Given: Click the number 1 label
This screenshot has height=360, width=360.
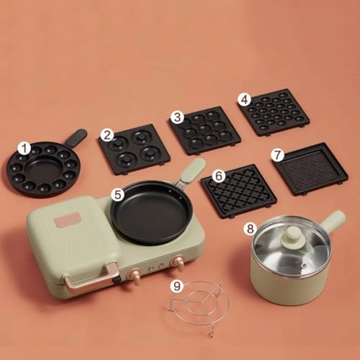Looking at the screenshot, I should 25,148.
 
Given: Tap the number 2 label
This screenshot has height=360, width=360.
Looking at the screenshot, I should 107,134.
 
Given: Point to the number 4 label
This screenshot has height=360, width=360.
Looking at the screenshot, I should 246,99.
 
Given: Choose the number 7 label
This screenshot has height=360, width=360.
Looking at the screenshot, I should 276,154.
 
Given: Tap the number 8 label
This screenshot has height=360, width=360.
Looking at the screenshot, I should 250,229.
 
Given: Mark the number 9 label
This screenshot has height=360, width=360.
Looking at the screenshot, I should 177,285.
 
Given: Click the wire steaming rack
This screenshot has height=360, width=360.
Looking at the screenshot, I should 198,306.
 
